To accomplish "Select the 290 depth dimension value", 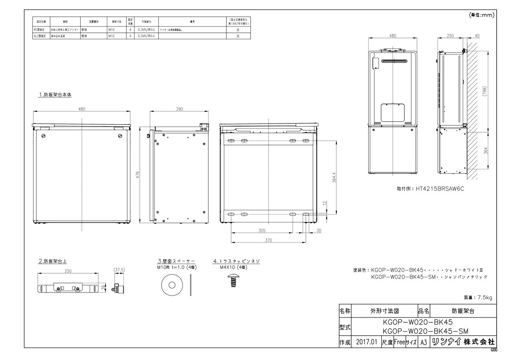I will click(179, 109).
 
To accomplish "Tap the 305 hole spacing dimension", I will click(261, 231).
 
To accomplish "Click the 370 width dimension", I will click(268, 240).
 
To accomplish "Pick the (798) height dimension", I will click(484, 92).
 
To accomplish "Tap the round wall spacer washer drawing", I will click(172, 284).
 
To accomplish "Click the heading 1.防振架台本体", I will click(55, 95).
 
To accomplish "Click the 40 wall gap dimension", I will click(477, 36).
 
